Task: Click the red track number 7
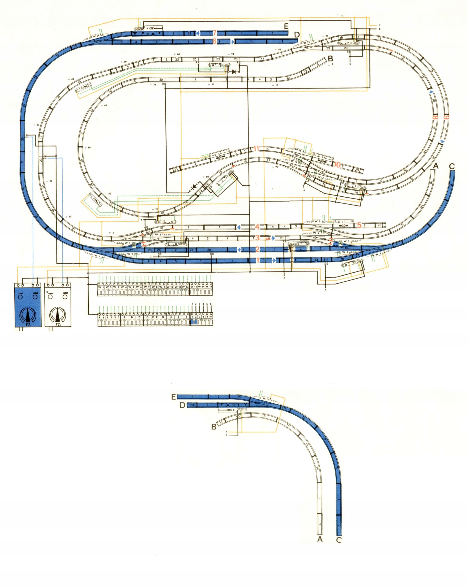[215, 33]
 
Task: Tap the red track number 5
[359, 225]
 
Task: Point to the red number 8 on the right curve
[435, 117]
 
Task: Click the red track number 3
[257, 238]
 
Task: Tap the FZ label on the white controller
[58, 325]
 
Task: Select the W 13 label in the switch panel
[194, 287]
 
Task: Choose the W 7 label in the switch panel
[147, 287]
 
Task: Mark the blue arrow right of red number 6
[232, 42]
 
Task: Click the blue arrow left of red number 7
[197, 33]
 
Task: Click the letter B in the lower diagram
[214, 427]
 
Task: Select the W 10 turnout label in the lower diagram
[266, 399]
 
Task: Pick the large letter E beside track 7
[286, 26]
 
